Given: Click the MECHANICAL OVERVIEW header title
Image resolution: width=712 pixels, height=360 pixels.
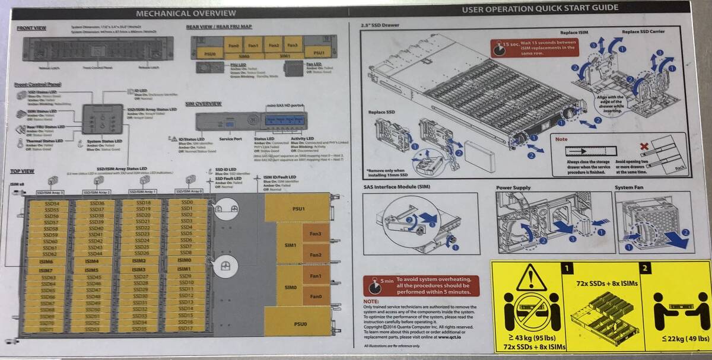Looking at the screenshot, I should point(180,12).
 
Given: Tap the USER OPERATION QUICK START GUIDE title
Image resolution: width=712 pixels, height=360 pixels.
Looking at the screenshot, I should point(540,8).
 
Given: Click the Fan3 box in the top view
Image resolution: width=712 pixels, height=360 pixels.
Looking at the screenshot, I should point(316,233).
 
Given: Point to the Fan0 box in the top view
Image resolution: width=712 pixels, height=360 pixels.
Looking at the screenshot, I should point(316,296).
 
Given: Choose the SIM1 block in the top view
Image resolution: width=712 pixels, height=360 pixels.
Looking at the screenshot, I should point(290,244).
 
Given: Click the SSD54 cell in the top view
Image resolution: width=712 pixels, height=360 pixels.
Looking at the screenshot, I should point(52,203).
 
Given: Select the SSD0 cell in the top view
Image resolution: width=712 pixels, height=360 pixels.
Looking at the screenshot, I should point(186,203).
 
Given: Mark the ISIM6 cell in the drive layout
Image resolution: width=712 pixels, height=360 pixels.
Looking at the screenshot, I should point(46,261).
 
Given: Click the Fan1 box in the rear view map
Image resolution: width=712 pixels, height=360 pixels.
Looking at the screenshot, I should point(253,44).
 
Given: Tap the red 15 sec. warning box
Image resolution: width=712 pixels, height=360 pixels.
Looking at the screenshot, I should point(534,47).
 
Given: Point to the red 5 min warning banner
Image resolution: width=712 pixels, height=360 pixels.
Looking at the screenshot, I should point(422,285).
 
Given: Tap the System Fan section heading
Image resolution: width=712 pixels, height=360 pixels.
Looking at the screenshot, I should point(632,188).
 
